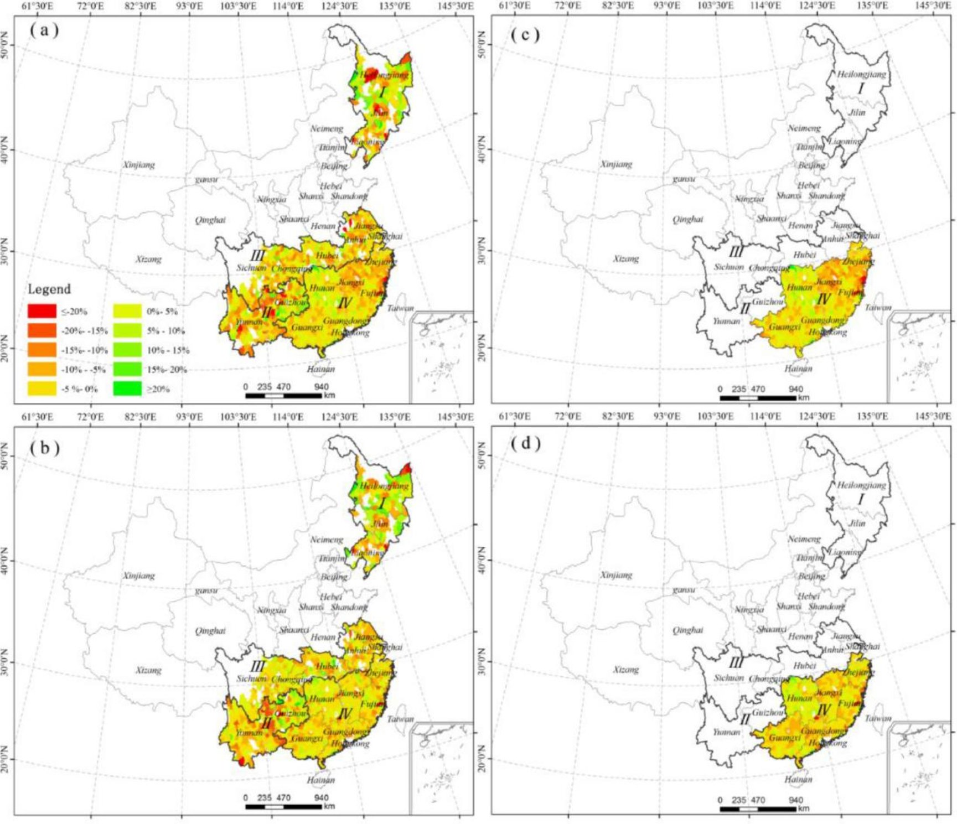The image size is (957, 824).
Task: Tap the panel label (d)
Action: coord(525,443)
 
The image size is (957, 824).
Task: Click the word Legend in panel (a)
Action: coord(49,289)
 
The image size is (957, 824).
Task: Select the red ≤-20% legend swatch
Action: coord(42,311)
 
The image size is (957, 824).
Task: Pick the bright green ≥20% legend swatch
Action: coord(127,388)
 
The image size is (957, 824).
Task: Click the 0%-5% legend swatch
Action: coord(127,311)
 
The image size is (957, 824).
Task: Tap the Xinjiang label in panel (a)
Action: coord(139,165)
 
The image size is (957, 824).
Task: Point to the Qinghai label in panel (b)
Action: coord(210,631)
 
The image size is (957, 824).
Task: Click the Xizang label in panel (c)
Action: coord(626,259)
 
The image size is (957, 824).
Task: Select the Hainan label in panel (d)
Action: coord(798,779)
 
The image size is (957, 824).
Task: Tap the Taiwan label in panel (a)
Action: coord(400,308)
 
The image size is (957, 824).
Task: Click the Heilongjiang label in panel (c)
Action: coord(861,74)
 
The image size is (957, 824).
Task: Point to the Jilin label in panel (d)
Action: coord(857,523)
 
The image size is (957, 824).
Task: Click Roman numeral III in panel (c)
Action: coord(736,252)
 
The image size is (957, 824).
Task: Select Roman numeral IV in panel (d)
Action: coord(824,711)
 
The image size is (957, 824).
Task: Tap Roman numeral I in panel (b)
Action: coord(382,504)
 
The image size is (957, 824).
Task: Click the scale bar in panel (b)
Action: coord(283,806)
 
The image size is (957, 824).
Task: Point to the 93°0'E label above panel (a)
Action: coord(189,6)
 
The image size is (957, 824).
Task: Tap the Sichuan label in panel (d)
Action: coord(728,678)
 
